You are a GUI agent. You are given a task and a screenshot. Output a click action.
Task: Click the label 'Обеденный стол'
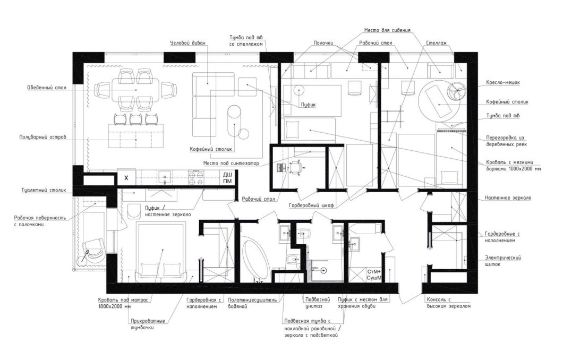[x=47, y=88]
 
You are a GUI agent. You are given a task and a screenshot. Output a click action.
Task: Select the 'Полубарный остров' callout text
[x=42, y=137]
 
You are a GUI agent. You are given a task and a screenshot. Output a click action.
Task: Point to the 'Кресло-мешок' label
[x=503, y=82]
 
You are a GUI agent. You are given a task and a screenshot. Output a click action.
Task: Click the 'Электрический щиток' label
[x=502, y=261]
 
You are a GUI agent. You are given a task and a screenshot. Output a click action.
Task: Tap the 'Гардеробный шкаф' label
[x=311, y=205]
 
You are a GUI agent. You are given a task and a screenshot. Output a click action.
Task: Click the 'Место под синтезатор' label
[x=231, y=164]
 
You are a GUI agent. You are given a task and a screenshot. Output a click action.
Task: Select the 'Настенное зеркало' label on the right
[x=508, y=198]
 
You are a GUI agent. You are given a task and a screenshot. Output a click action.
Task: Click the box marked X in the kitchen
[x=126, y=178]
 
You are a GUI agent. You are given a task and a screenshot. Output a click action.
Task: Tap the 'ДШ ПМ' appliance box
[x=227, y=178]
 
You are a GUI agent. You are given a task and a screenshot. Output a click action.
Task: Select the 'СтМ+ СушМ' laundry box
[x=374, y=275]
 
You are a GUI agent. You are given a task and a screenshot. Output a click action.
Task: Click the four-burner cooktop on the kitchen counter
[x=196, y=178]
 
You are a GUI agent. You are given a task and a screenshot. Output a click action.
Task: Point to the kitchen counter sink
[x=165, y=177]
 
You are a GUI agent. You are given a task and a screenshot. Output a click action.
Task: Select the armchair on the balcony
[x=93, y=251]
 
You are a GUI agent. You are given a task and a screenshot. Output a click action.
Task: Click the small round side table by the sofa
[x=243, y=134]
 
